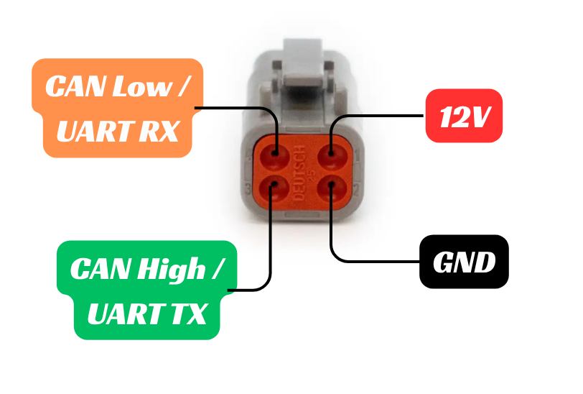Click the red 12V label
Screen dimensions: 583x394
coord(464,116)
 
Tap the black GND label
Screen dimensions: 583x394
coord(464,262)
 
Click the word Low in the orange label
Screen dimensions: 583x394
coord(142,86)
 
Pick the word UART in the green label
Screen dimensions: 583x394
coord(126,313)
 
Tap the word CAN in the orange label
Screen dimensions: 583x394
coord(76,86)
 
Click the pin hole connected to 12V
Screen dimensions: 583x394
coord(332,156)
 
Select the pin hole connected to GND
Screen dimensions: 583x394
coord(332,188)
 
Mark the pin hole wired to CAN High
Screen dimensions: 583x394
coord(274,188)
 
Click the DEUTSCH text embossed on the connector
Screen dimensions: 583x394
coord(300,173)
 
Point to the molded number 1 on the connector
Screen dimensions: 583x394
coord(357,155)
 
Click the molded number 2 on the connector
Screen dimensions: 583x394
coord(356,190)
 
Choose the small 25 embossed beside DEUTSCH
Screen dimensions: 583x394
coord(312,174)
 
